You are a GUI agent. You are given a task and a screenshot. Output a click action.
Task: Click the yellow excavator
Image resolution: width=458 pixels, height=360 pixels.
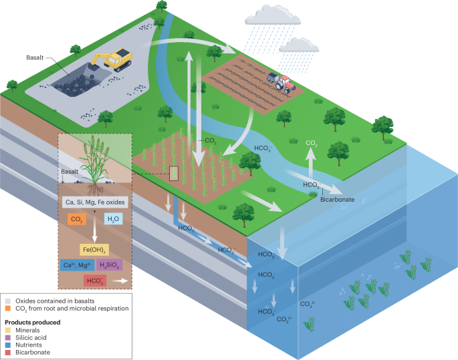(114, 59)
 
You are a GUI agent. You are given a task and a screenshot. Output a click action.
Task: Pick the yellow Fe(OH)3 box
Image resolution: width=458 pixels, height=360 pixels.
(95, 250)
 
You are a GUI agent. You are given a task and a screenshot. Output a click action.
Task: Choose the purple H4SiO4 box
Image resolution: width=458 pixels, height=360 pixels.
(109, 265)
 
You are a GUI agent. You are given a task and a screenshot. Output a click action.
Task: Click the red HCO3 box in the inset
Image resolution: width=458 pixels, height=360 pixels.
(94, 281)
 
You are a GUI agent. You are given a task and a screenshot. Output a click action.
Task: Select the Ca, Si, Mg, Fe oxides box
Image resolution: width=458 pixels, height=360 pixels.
(94, 202)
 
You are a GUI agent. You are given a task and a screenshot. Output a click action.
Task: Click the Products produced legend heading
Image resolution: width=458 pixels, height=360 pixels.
(33, 322)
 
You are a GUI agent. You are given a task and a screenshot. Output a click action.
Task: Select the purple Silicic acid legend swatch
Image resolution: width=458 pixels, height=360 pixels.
(7, 337)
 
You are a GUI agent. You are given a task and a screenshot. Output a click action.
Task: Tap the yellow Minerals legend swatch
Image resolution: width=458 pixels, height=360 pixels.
(7, 329)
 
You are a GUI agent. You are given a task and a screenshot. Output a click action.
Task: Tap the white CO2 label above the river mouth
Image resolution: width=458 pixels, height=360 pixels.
(312, 144)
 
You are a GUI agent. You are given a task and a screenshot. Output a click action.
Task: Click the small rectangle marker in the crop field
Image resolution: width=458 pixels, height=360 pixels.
(174, 174)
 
